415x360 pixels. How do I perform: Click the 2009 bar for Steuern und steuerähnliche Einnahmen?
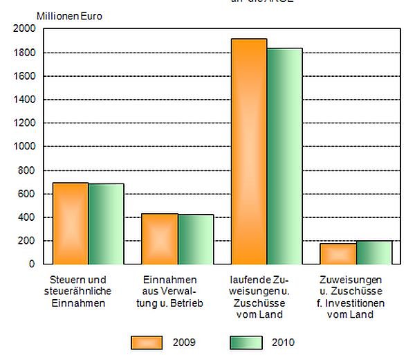pyautogui.click(x=71, y=223)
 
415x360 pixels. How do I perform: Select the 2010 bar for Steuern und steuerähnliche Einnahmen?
pyautogui.click(x=106, y=224)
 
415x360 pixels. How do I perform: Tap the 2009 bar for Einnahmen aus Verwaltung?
pyautogui.click(x=160, y=239)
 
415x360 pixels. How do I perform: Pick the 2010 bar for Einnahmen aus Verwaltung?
pyautogui.click(x=196, y=240)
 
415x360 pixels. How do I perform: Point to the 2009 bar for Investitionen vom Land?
pyautogui.click(x=338, y=253)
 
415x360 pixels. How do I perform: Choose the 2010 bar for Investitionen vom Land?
pyautogui.click(x=374, y=253)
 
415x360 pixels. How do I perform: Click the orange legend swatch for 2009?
pyautogui.click(x=147, y=342)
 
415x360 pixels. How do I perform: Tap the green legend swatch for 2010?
pyautogui.click(x=246, y=342)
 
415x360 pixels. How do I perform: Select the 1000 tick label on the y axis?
pyautogui.click(x=24, y=147)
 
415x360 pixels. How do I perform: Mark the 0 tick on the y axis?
pyautogui.click(x=32, y=264)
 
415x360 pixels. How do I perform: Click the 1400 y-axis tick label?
pyautogui.click(x=24, y=100)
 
